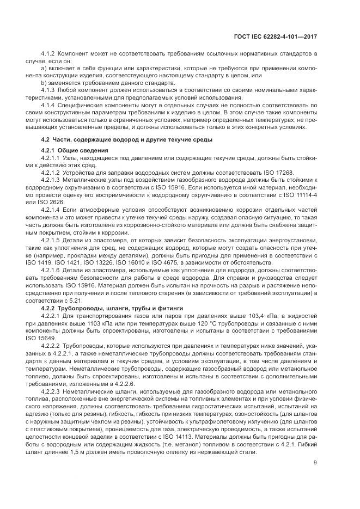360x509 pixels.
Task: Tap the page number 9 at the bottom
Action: click(315, 463)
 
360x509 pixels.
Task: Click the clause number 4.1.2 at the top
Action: click(50, 55)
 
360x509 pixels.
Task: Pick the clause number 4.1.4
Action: click(50, 105)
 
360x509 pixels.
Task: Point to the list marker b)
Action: click(44, 83)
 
